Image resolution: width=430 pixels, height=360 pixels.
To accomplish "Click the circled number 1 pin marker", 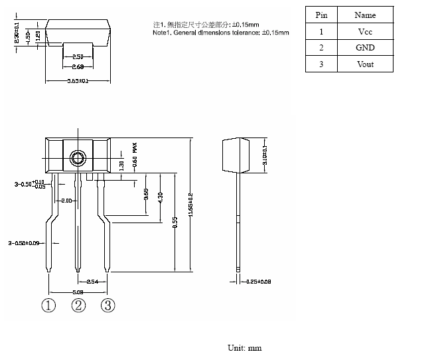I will point(48,306).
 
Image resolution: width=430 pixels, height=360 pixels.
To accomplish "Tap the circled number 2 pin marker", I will point(79,306).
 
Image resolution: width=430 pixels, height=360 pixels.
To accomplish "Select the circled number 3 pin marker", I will point(108,306).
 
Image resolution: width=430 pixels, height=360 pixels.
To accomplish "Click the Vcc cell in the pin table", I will point(365,31).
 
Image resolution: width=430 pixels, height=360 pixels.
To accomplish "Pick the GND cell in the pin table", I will point(365,48).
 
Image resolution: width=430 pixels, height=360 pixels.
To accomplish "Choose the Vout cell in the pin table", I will point(365,64).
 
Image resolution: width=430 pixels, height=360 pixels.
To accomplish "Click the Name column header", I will point(365,15).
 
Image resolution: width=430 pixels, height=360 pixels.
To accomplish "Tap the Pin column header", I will point(321,15).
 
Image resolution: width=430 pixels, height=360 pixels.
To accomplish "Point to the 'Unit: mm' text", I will point(245,347).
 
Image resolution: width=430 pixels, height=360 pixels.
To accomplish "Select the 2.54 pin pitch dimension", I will point(92,282).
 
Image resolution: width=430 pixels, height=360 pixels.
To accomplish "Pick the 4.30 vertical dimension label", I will point(160,197).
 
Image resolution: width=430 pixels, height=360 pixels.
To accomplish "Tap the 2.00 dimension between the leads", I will point(67,201).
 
